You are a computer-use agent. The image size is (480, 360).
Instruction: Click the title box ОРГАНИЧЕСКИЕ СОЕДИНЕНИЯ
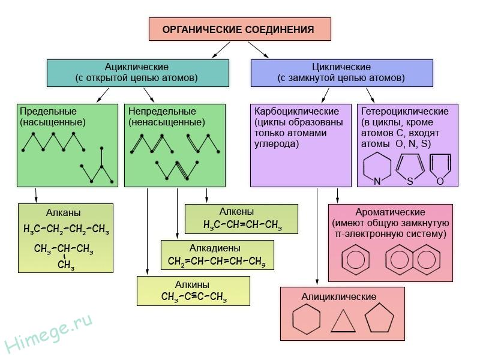pyautogui.click(x=239, y=29)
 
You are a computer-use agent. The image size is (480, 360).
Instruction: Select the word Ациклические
pyautogui.click(x=137, y=67)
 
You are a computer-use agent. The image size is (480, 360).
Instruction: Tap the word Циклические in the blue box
pyautogui.click(x=341, y=67)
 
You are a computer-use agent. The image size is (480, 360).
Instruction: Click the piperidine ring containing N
pyautogui.click(x=377, y=166)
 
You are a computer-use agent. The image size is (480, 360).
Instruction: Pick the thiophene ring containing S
pyautogui.click(x=410, y=168)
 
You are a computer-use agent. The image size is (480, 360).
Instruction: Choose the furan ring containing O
pyautogui.click(x=440, y=168)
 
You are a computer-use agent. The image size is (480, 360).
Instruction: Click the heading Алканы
pyautogui.click(x=63, y=212)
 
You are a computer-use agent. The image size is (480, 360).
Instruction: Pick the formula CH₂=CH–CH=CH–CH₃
pyautogui.click(x=217, y=261)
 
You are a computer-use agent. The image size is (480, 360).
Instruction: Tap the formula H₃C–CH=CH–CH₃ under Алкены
pyautogui.click(x=242, y=225)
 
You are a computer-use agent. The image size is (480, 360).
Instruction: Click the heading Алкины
pyautogui.click(x=191, y=284)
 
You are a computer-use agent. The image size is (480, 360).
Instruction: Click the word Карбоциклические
pyautogui.click(x=296, y=112)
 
